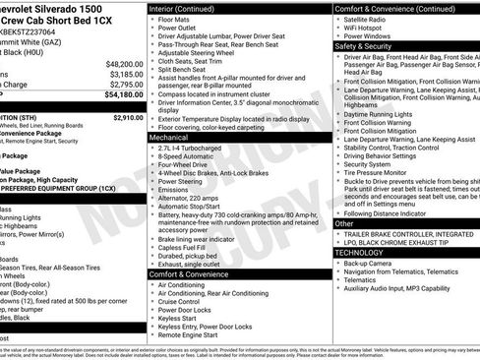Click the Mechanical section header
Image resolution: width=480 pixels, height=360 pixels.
169,139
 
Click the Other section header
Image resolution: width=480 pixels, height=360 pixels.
344,223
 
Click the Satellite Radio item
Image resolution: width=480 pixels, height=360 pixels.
370,19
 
